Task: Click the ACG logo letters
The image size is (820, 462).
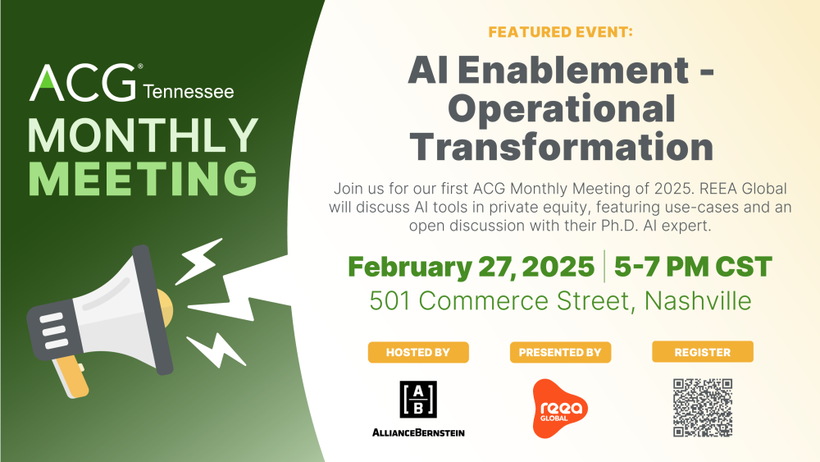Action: pos(83,83)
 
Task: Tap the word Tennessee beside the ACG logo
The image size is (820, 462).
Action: pos(189,92)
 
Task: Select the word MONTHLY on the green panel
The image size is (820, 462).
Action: pos(143,135)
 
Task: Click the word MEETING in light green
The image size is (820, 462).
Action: pos(143,178)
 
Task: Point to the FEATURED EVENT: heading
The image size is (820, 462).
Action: pos(561,32)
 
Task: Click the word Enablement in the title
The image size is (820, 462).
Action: pos(573,70)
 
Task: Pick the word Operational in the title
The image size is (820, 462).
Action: pos(562,109)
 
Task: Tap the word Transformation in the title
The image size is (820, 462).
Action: pos(562,147)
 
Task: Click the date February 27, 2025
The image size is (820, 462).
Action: pos(471,267)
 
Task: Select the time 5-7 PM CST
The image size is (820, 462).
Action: pos(693,267)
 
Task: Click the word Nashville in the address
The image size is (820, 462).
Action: pos(698,301)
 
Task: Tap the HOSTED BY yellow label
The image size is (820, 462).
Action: pos(418,352)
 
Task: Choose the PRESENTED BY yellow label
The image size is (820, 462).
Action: pos(560,352)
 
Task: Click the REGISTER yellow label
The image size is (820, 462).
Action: pos(703,351)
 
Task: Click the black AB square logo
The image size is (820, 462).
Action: pos(418,399)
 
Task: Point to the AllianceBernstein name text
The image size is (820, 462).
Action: pos(418,432)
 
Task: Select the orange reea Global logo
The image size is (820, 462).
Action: pos(559,408)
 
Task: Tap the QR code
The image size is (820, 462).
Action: pos(703,408)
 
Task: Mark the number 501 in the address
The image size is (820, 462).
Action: pos(389,301)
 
